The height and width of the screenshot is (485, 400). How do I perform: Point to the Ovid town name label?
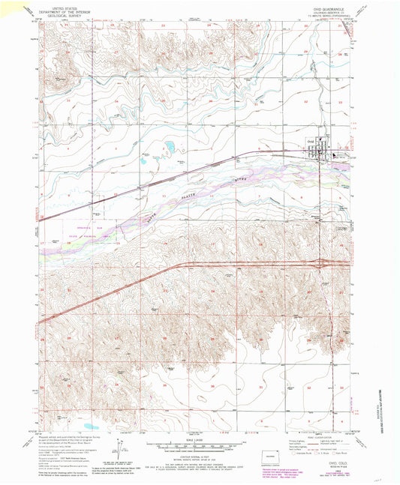(310, 142)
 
